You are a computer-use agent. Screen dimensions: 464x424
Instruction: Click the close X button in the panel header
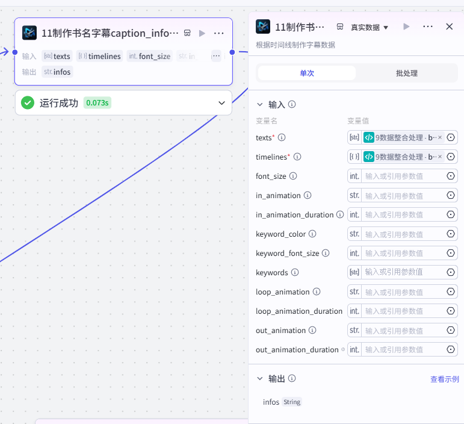point(449,26)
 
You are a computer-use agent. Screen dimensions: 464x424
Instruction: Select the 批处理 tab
point(407,73)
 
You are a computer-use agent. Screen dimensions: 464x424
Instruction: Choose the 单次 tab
point(307,73)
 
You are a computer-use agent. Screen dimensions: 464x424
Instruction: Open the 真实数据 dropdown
point(370,28)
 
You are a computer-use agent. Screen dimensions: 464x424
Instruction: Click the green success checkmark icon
point(28,103)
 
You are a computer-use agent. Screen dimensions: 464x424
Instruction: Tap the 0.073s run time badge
point(97,103)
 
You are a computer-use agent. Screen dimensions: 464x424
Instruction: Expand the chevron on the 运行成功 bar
point(221,103)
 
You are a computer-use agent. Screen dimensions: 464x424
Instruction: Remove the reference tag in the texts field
point(440,137)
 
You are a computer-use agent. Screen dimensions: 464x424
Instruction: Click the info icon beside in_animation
point(308,195)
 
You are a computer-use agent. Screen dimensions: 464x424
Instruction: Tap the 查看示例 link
point(445,379)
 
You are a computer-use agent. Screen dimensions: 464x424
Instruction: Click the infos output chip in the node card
point(57,72)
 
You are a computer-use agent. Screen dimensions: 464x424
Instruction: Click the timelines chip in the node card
point(100,56)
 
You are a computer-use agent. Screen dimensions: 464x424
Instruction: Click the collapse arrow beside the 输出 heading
point(260,378)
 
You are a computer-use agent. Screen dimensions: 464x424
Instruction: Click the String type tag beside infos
point(292,402)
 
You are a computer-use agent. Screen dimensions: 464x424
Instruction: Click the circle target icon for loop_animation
point(451,291)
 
